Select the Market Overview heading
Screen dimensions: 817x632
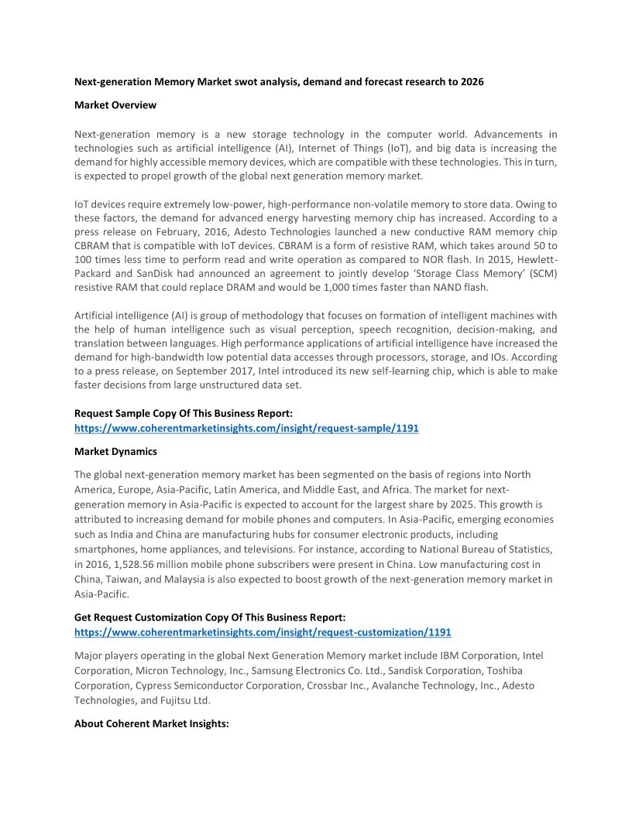115,105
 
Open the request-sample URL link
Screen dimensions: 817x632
246,428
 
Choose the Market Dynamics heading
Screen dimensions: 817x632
115,451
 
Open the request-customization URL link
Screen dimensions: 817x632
263,632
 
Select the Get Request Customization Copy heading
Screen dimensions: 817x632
210,617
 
